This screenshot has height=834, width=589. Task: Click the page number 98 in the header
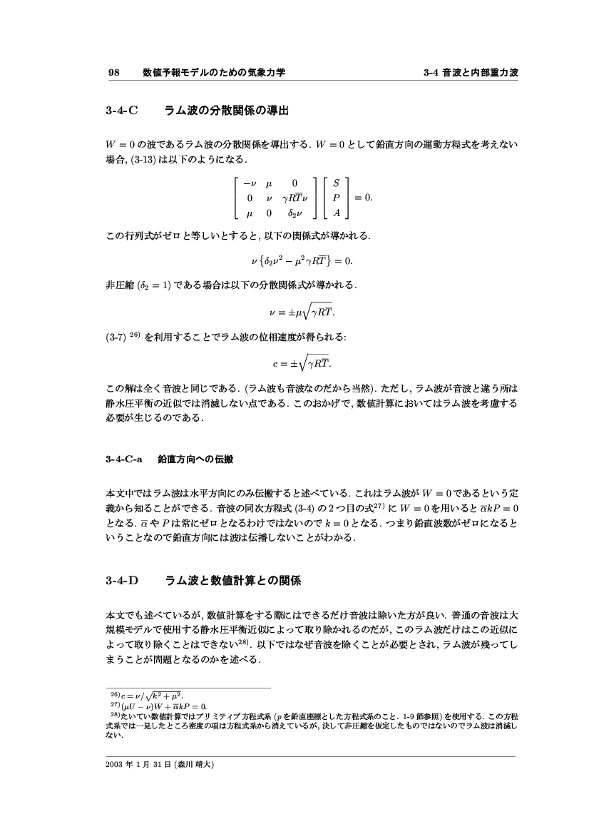[x=113, y=72]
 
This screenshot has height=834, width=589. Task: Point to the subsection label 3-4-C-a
[x=123, y=460]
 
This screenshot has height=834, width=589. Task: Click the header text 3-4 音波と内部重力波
[x=470, y=72]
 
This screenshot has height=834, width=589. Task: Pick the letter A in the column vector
[x=337, y=212]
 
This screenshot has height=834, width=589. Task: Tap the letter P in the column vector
[x=337, y=197]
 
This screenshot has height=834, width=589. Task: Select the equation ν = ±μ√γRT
[x=294, y=310]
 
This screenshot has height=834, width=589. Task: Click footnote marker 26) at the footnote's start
[x=113, y=693]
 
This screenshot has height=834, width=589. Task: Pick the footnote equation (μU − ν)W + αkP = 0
[x=163, y=705]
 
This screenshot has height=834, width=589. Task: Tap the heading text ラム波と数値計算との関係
[x=233, y=581]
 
